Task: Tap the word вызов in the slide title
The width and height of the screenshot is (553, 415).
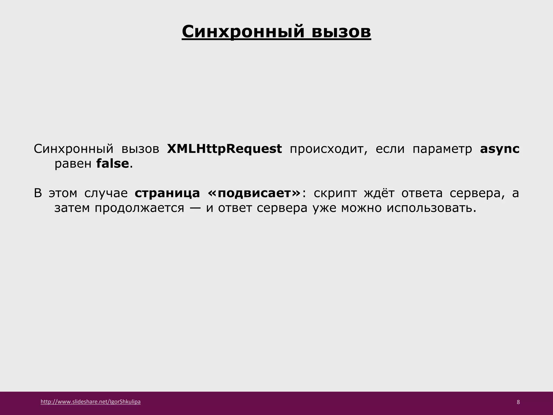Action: pos(341,32)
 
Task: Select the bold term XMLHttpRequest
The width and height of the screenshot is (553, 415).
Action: pos(224,149)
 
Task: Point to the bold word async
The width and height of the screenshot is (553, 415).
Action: pos(500,149)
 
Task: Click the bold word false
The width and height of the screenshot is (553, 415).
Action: pos(112,164)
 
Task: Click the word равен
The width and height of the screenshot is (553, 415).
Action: pos(73,164)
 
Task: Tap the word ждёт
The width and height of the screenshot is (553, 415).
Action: pos(379,193)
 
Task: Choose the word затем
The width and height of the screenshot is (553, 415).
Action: pos(72,208)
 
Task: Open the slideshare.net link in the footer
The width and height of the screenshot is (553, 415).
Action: pos(90,402)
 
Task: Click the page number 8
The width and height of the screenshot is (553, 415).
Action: pos(518,402)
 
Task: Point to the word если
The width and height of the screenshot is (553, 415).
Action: pos(390,149)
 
